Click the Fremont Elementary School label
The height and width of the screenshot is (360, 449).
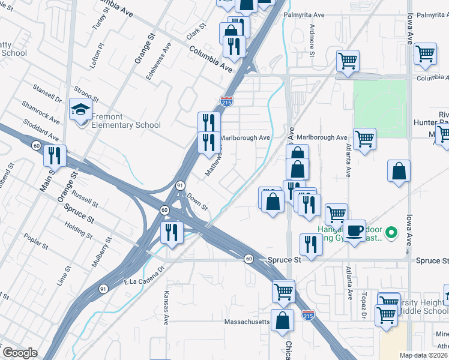[126, 121]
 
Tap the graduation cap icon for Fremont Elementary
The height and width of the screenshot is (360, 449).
[80, 109]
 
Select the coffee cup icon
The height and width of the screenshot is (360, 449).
[354, 230]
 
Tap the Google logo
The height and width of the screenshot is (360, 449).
[20, 353]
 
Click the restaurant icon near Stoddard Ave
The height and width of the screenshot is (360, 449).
[55, 156]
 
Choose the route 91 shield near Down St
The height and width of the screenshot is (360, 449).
[179, 186]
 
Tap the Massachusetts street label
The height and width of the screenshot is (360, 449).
[247, 322]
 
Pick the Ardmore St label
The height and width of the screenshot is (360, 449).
[312, 41]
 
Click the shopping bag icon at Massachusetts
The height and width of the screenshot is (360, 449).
[282, 320]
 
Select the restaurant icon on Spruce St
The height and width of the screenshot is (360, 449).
[310, 244]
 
